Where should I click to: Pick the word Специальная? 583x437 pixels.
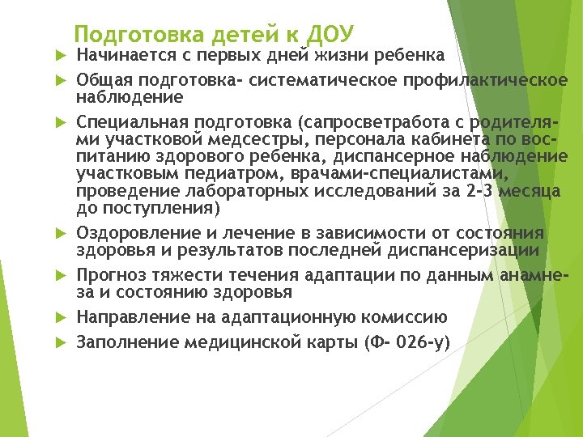point(130,122)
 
